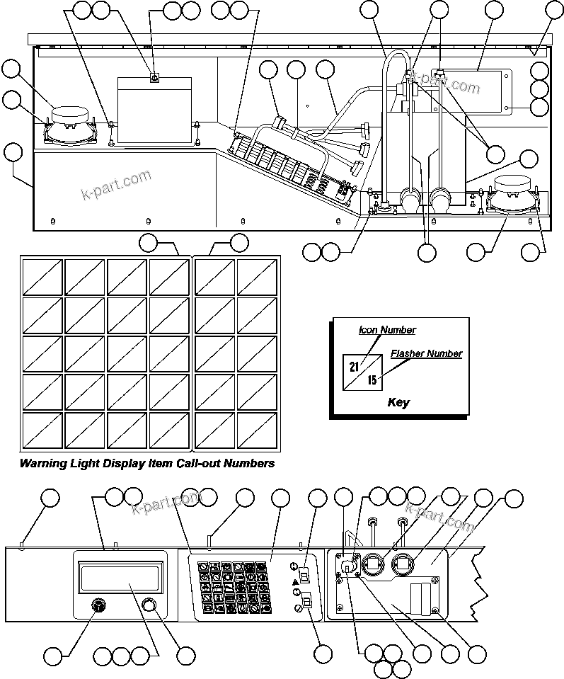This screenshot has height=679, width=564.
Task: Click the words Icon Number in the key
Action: click(386, 330)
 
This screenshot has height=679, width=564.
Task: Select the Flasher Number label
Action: click(426, 353)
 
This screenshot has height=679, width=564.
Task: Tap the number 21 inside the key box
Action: click(354, 366)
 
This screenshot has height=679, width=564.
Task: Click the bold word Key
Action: click(398, 403)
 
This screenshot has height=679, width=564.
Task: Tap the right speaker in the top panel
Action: click(514, 193)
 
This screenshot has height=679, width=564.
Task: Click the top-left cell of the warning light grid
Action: click(43, 278)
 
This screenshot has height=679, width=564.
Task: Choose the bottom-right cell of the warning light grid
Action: click(256, 429)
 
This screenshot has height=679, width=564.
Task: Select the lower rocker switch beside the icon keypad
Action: click(306, 604)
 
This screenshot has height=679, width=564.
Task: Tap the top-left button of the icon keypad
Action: click(202, 568)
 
